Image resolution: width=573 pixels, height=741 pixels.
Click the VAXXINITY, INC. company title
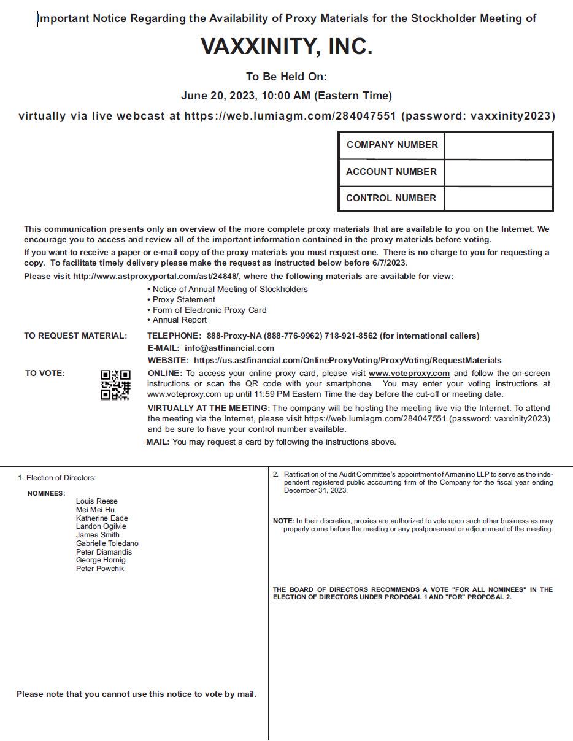click(286, 47)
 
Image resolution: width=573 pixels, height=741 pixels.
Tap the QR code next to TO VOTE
click(116, 385)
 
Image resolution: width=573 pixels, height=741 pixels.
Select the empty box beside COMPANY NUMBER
click(498, 145)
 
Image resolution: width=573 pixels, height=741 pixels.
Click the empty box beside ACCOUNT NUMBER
click(498, 172)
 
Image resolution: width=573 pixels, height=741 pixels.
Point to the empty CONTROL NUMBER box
click(498, 198)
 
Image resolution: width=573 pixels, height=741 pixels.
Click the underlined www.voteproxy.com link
click(409, 373)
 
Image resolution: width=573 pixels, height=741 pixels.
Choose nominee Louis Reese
click(97, 501)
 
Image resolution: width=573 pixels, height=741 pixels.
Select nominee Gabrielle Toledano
click(107, 543)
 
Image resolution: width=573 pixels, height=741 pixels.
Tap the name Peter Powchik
click(100, 569)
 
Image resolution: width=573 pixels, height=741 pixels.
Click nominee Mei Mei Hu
click(95, 510)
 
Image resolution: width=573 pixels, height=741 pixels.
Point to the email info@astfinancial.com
click(229, 348)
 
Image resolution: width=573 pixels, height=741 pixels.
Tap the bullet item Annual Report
click(180, 320)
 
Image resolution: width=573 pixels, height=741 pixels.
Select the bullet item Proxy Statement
click(184, 299)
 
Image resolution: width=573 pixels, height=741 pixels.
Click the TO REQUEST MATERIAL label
click(75, 336)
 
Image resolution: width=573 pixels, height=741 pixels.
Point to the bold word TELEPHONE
click(174, 336)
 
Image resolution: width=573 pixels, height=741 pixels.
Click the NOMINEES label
click(46, 493)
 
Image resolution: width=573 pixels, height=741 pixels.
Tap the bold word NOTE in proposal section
click(283, 521)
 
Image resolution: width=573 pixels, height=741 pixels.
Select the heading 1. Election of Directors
click(57, 478)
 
